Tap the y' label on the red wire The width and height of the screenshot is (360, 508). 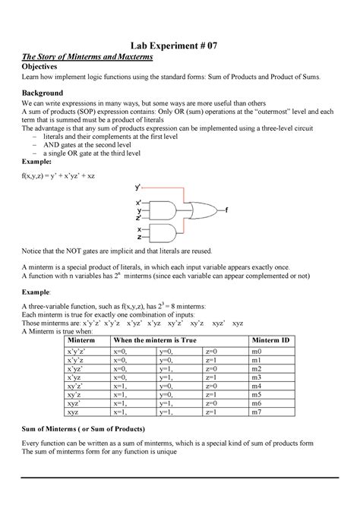(x=137, y=186)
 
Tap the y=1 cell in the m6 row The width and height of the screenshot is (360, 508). (x=166, y=403)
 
